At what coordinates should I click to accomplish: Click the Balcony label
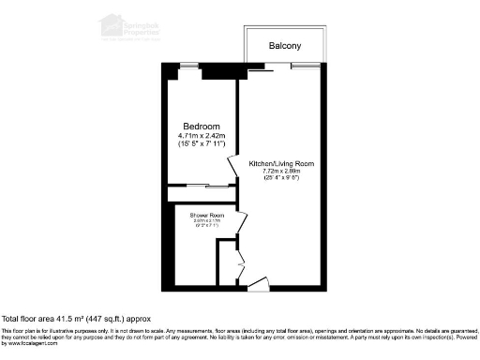(284, 45)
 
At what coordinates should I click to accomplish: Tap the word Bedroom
(201, 127)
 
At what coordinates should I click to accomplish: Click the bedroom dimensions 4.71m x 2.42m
(201, 137)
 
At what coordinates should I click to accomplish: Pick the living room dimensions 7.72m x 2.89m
(281, 172)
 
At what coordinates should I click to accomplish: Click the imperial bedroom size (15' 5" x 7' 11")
(201, 146)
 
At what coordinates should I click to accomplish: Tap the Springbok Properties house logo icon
(112, 22)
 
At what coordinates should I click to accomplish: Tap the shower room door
(241, 223)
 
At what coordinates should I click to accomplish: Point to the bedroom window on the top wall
(190, 65)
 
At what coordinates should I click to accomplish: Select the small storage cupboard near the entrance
(226, 262)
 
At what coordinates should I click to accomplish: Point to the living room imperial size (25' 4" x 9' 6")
(281, 178)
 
